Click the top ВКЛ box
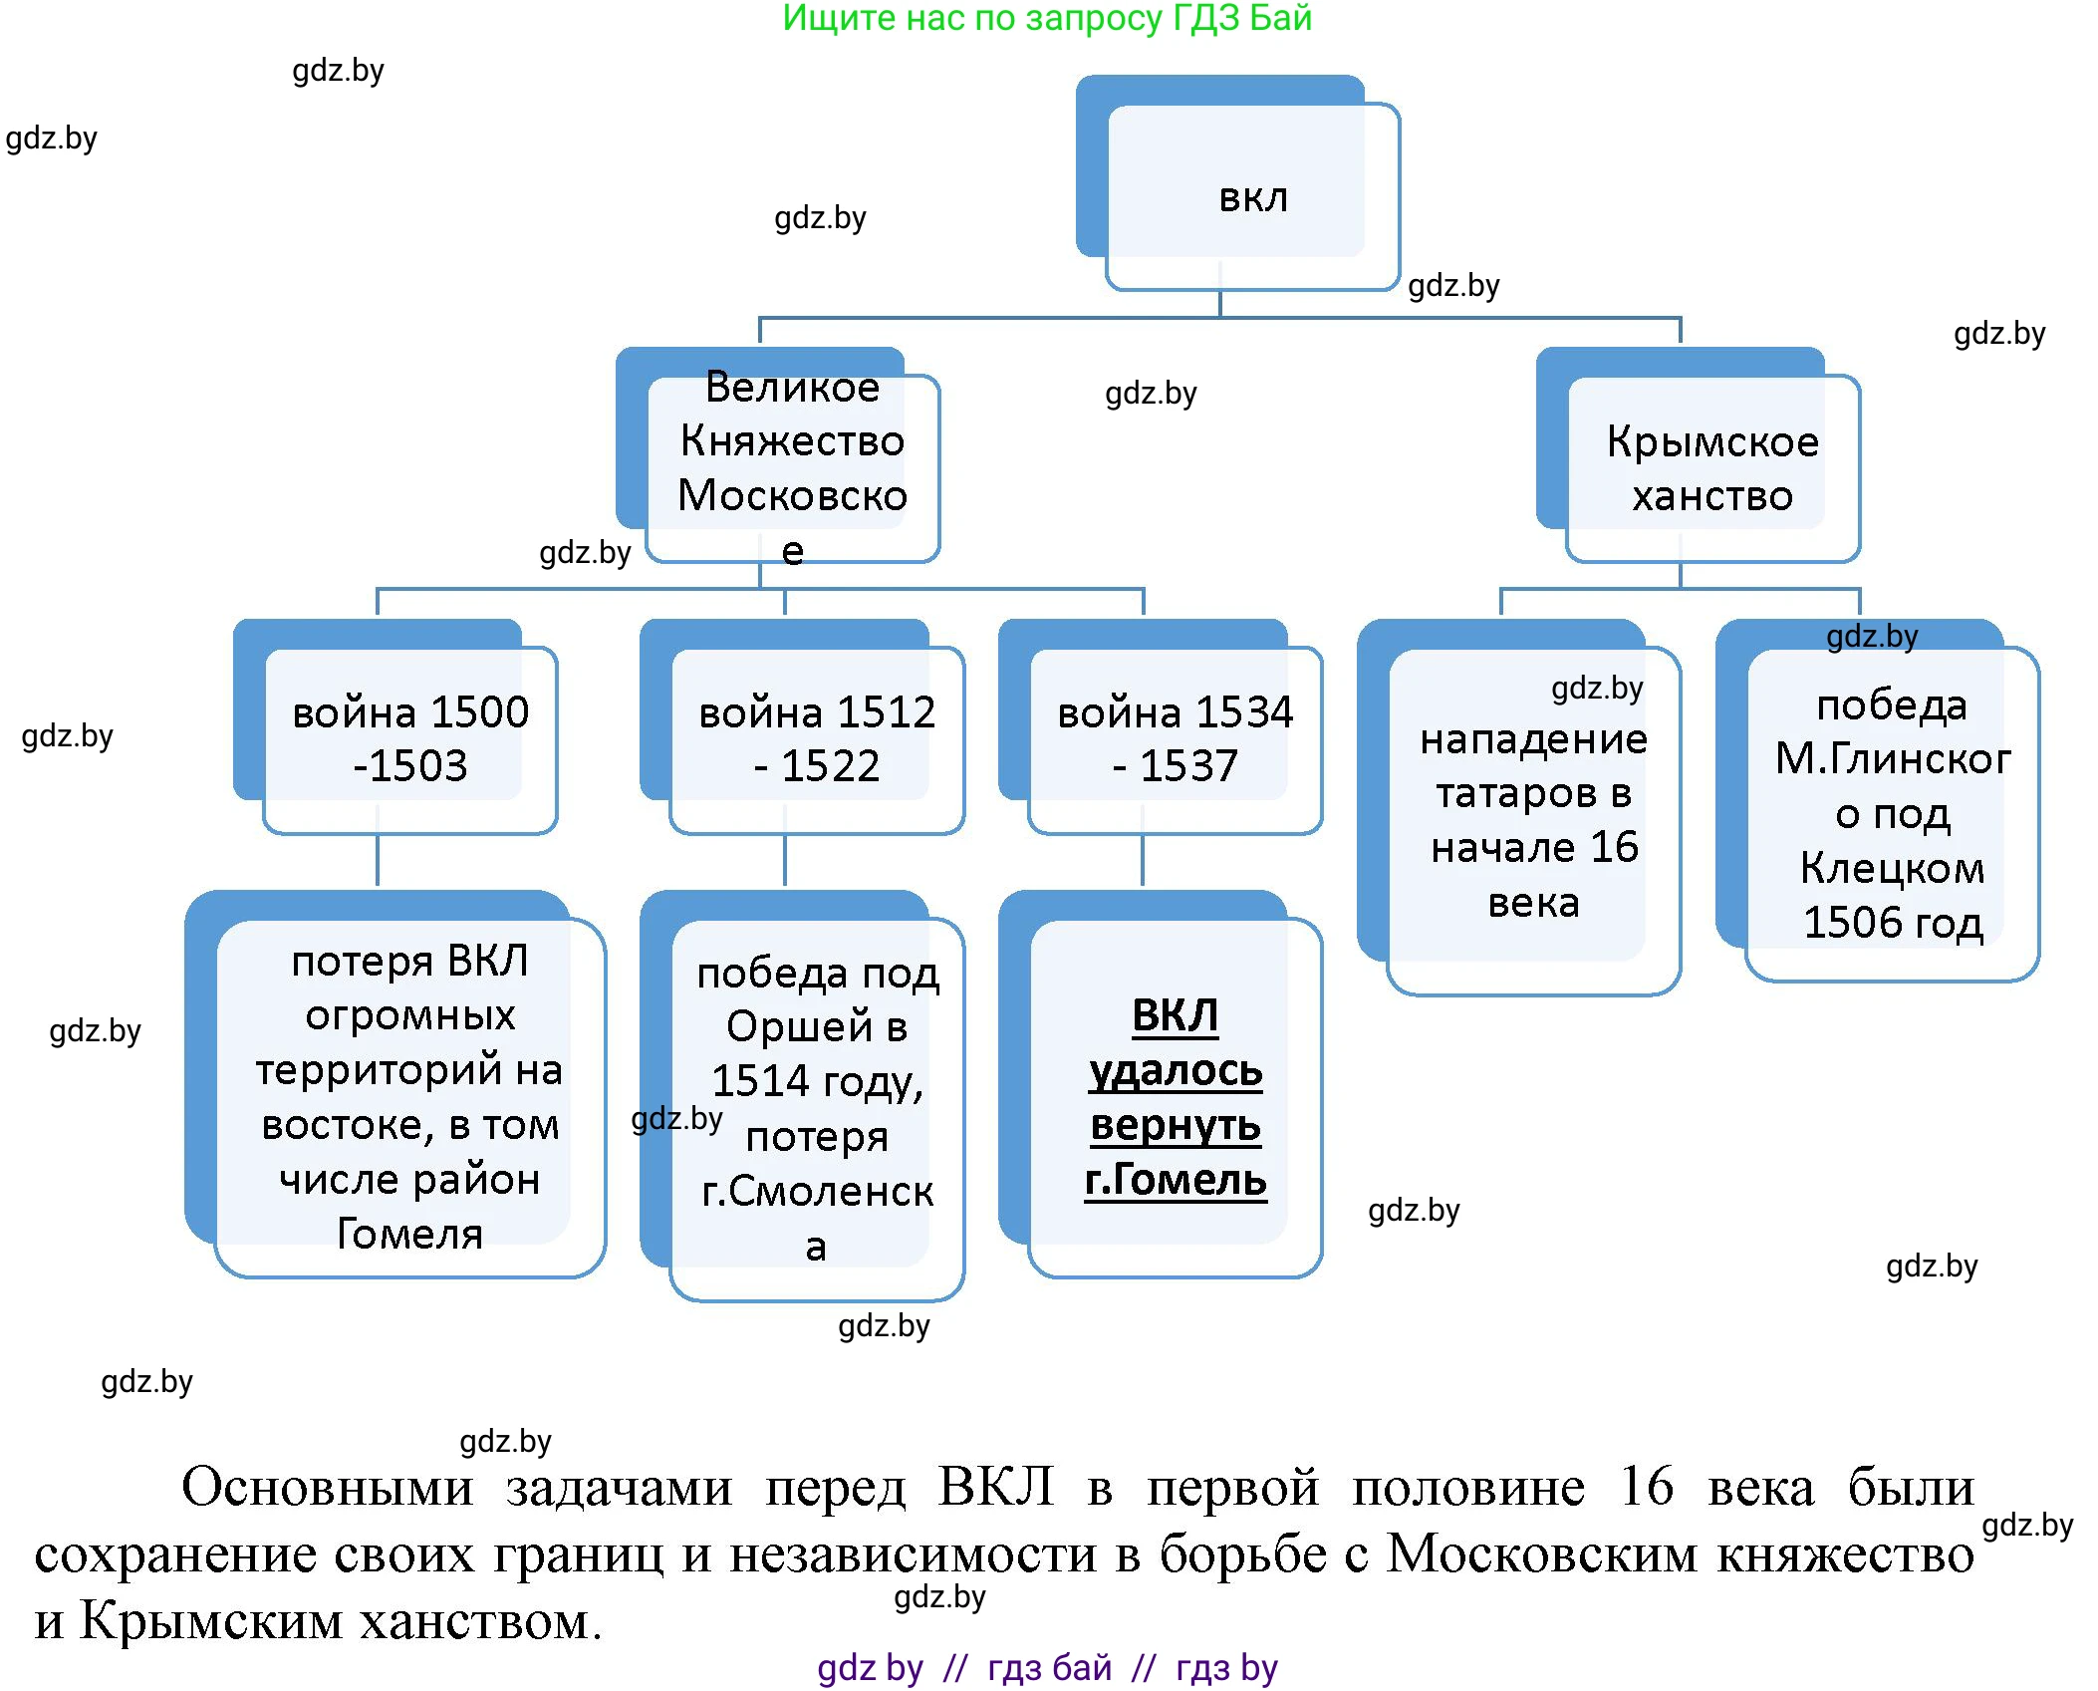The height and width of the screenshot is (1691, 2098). [x=1252, y=197]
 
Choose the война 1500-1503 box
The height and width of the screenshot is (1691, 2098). [x=409, y=738]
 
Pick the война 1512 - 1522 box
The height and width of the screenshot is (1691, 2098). [x=816, y=738]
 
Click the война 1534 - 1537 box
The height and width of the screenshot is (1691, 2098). [x=1175, y=738]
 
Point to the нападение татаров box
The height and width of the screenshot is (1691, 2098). [x=1533, y=819]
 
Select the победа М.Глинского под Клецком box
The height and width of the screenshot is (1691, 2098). [x=1892, y=812]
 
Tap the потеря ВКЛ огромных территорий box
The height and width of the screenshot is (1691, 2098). [x=409, y=1096]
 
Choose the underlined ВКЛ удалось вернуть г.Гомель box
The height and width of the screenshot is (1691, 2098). [x=1175, y=1096]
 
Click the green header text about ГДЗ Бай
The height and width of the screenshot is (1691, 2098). [x=1046, y=18]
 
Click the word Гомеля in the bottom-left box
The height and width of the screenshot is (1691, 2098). [x=409, y=1234]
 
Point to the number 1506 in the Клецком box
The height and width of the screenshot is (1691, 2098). [x=1841, y=923]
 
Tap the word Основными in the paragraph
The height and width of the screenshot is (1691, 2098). [x=327, y=1488]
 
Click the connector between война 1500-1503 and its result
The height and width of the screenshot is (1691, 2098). [x=377, y=859]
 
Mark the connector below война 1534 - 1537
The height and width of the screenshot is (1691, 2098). [x=1142, y=859]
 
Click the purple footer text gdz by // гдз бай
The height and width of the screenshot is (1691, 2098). [x=1046, y=1667]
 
